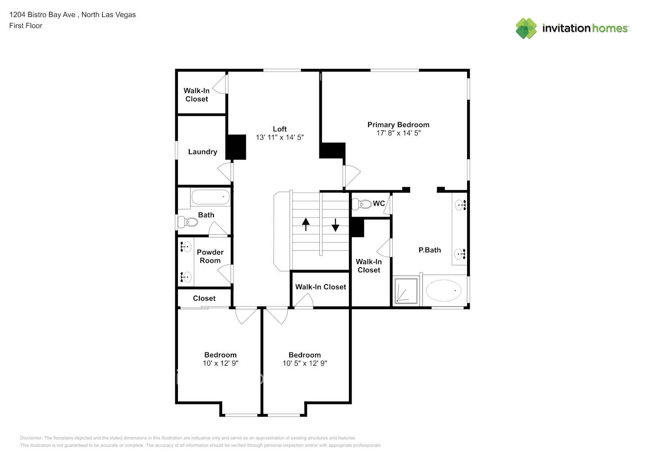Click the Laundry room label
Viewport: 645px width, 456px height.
pyautogui.click(x=203, y=152)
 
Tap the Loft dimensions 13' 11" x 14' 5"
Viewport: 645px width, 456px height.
pyautogui.click(x=280, y=137)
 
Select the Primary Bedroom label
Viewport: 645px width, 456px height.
pyautogui.click(x=398, y=124)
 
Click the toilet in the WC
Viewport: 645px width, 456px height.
pyautogui.click(x=362, y=204)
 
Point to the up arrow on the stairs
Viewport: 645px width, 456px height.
pyautogui.click(x=306, y=224)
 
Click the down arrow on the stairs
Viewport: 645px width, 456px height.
pyautogui.click(x=335, y=225)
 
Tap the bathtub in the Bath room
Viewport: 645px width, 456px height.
pyautogui.click(x=210, y=197)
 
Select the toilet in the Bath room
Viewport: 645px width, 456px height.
pyautogui.click(x=188, y=222)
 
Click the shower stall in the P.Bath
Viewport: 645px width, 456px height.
pyautogui.click(x=406, y=290)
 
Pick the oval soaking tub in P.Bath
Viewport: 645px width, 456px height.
pyautogui.click(x=443, y=290)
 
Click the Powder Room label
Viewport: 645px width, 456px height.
pyautogui.click(x=210, y=256)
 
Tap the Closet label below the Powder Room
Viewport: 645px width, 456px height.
pyautogui.click(x=204, y=298)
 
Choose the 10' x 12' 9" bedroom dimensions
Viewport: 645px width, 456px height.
pyautogui.click(x=221, y=363)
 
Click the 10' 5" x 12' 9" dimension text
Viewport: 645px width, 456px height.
pyautogui.click(x=305, y=363)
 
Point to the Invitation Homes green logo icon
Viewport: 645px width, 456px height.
pyautogui.click(x=526, y=28)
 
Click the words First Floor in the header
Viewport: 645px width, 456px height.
pyautogui.click(x=26, y=26)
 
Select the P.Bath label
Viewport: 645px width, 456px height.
pyautogui.click(x=430, y=250)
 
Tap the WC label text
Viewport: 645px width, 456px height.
pyautogui.click(x=379, y=203)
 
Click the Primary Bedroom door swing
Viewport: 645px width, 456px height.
pyautogui.click(x=352, y=176)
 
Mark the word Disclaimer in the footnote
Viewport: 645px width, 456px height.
pyautogui.click(x=31, y=438)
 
